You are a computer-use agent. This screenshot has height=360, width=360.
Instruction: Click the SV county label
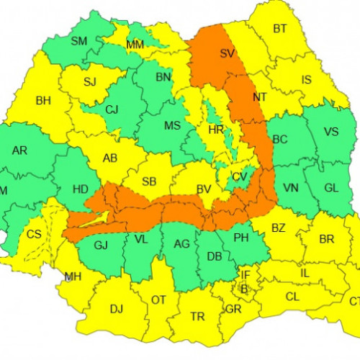[228, 54]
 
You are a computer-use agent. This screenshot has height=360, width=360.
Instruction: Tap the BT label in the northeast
[279, 30]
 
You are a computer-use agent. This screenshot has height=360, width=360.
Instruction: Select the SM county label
[79, 41]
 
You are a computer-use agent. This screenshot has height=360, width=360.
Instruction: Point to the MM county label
[135, 46]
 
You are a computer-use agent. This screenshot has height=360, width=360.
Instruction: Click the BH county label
[43, 101]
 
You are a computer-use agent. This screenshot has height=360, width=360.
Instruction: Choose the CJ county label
[112, 110]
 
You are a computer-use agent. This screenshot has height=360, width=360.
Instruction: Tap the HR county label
[215, 130]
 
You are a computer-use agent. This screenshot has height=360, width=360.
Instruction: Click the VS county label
[331, 132]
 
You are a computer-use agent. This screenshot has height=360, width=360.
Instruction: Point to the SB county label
[150, 181]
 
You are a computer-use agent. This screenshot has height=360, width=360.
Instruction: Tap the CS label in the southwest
[34, 235]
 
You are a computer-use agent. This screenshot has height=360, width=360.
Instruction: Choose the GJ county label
[102, 246]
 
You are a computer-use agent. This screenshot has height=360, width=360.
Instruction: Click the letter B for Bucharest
[243, 288]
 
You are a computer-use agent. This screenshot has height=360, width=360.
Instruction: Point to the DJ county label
[116, 310]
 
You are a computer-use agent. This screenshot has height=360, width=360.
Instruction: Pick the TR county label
[197, 316]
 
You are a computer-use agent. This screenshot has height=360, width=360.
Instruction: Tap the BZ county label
[279, 229]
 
